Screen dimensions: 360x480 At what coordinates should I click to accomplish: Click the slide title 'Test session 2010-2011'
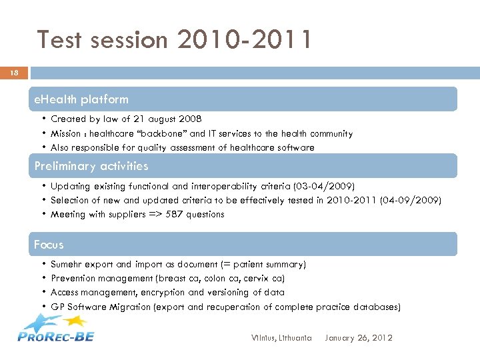tap(174, 40)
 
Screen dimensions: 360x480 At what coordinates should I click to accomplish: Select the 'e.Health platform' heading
tap(81, 99)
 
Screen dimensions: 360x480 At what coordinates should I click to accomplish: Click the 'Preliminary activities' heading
tap(91, 166)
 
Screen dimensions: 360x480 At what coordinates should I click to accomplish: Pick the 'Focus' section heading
tap(49, 245)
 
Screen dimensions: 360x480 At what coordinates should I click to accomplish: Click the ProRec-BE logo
tap(56, 329)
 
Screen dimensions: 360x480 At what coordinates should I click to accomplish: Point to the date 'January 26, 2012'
tap(359, 338)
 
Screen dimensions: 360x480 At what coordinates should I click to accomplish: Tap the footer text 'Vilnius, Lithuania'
tap(282, 338)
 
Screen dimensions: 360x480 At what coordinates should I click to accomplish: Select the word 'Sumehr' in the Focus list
tap(67, 265)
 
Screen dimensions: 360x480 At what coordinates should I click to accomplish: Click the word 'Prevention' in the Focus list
tap(73, 279)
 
